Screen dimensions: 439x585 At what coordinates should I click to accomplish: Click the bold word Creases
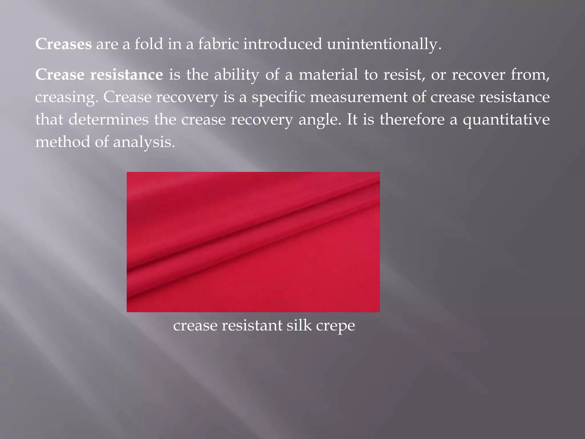(63, 44)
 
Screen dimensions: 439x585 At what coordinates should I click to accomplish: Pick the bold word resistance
(127, 75)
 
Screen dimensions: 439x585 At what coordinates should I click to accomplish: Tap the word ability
(237, 75)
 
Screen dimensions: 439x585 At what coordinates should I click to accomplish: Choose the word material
(328, 75)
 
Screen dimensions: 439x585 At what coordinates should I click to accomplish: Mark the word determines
(109, 119)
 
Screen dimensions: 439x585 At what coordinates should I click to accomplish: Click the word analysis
(144, 142)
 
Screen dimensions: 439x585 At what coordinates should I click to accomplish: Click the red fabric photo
(253, 242)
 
